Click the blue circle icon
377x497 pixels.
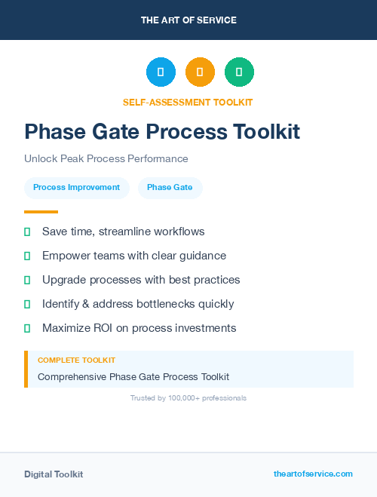161,72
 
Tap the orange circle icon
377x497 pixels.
200,72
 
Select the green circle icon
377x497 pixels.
239,72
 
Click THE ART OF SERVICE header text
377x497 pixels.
188,20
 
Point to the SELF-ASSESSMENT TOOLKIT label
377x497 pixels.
188,102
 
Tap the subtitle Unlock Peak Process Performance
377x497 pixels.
106,159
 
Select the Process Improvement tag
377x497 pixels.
77,187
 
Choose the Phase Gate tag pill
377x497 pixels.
170,187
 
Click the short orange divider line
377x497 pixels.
41,212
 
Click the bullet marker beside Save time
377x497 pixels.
27,232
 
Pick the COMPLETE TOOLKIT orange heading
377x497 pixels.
76,360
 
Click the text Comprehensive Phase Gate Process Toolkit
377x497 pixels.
133,376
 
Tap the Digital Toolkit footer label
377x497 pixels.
54,474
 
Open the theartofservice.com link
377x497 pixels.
313,474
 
